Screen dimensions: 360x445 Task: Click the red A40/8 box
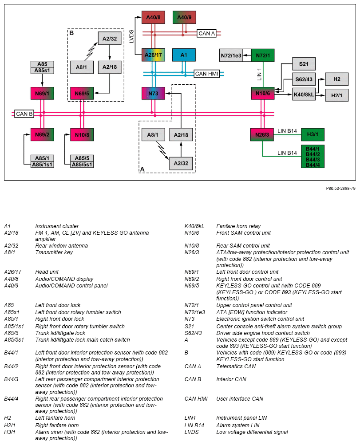[x=153, y=17]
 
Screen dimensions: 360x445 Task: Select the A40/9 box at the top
[x=184, y=17]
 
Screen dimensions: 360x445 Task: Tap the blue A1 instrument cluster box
[x=184, y=55]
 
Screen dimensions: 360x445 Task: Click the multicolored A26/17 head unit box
[x=153, y=55]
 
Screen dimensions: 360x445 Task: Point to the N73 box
[x=153, y=93]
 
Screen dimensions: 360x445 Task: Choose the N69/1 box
[x=42, y=93]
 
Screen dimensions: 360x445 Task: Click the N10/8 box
[x=82, y=134]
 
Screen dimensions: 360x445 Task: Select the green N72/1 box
[x=263, y=55]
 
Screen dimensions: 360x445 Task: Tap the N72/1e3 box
[x=231, y=55]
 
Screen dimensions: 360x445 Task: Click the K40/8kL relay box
[x=304, y=94]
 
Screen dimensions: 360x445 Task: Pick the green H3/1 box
[x=313, y=134]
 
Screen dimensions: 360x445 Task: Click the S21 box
[x=304, y=64]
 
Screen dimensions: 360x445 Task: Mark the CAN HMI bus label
[x=207, y=74]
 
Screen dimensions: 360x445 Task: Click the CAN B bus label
[x=24, y=114]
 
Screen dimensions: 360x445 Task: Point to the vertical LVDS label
[x=131, y=36]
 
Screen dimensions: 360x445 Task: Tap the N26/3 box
[x=262, y=134]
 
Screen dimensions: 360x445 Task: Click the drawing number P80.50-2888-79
[x=340, y=189]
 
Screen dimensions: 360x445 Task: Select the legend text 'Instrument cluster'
[x=57, y=226]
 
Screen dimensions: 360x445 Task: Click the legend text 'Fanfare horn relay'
[x=238, y=226]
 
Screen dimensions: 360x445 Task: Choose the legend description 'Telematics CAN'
[x=236, y=366]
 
